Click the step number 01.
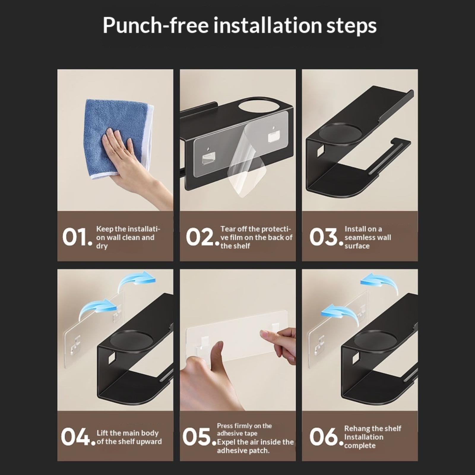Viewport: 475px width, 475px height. (x=77, y=237)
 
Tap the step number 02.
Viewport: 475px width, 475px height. (x=202, y=237)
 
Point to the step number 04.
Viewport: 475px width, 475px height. (x=78, y=437)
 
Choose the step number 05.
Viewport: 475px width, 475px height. (x=199, y=437)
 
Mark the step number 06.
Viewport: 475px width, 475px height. (x=326, y=437)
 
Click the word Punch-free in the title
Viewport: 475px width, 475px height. (x=156, y=26)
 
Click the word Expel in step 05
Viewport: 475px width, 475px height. (x=226, y=442)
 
